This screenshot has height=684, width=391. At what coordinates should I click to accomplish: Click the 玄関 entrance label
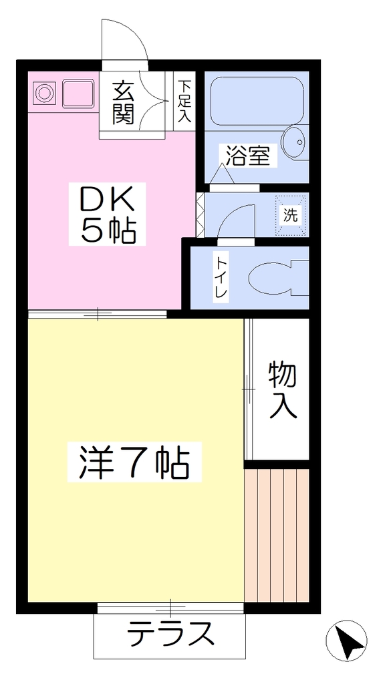(122, 103)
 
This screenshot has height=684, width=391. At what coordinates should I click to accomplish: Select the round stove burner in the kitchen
(44, 93)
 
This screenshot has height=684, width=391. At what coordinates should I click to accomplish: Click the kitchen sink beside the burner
(79, 93)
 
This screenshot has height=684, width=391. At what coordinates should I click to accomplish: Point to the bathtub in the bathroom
(257, 102)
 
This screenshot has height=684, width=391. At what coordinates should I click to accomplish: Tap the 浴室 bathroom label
(247, 155)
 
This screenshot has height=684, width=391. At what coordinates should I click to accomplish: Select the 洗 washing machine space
(291, 216)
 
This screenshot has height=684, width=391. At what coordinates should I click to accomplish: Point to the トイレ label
(221, 277)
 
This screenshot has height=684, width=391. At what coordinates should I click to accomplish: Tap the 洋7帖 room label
(134, 462)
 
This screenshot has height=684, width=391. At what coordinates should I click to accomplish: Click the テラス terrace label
(170, 633)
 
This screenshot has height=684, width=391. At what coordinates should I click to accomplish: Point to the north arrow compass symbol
(346, 640)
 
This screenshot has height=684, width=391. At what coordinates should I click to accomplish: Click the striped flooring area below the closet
(277, 536)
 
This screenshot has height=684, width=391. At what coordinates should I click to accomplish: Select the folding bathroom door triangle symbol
(222, 174)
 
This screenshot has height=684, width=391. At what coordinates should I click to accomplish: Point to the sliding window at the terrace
(170, 608)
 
